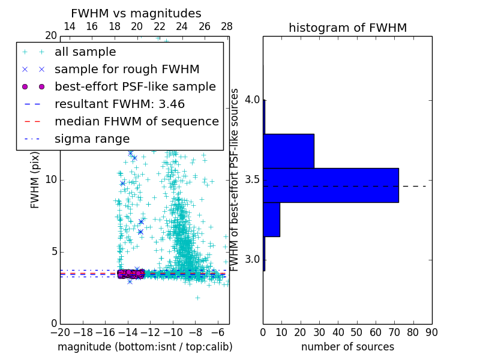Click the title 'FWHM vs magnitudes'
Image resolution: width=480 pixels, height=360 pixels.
point(136,13)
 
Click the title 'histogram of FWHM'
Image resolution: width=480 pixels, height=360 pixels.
point(347,28)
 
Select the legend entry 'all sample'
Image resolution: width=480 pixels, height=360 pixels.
point(85,52)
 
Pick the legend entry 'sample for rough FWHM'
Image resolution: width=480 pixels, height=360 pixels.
point(127,69)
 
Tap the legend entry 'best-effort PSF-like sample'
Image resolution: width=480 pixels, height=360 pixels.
point(135,86)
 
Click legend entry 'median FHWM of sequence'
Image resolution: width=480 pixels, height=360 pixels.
point(137,121)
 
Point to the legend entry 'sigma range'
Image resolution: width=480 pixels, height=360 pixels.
point(92,139)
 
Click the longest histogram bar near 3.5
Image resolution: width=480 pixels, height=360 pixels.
point(331,185)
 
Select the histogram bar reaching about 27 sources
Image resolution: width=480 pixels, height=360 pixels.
point(289,151)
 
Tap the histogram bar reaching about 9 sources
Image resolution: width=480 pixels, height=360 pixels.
point(271,219)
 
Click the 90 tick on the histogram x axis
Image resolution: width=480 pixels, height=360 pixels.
point(431,332)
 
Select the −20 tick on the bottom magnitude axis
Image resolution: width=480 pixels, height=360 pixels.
point(60,332)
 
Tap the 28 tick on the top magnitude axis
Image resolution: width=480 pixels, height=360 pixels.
point(227,26)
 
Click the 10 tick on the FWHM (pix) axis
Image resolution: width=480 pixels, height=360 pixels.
point(50,180)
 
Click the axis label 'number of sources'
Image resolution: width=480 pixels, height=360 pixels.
point(347,347)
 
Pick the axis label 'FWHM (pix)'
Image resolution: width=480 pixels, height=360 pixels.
point(35,180)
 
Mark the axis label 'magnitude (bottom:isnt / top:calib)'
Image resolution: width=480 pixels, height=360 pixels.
point(145,347)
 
